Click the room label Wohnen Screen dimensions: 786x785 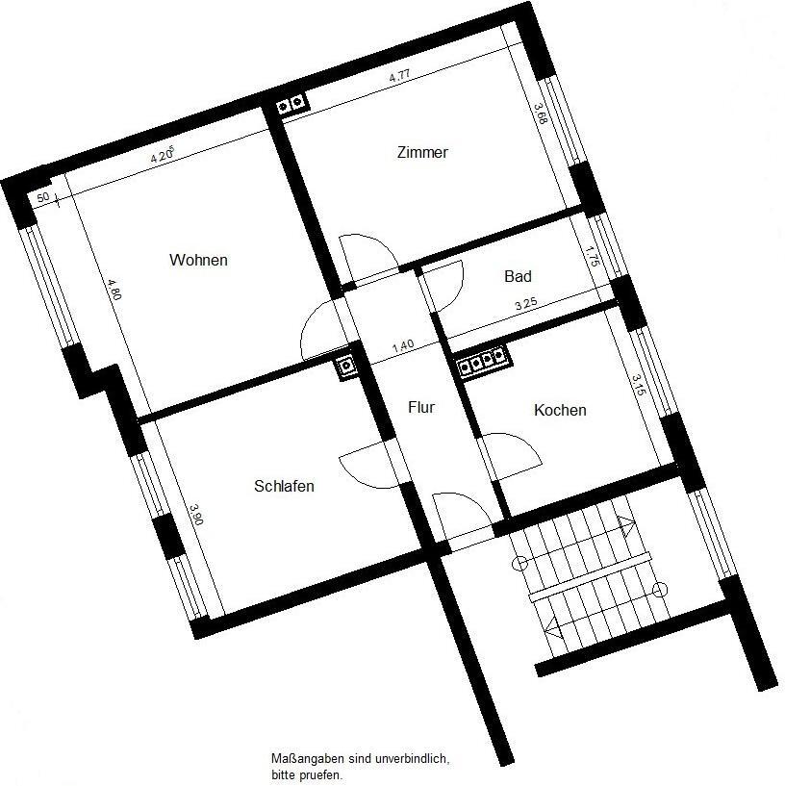[x=198, y=260]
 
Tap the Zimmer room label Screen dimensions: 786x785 [x=422, y=152]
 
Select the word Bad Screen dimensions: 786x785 [x=518, y=276]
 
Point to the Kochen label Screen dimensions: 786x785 [x=560, y=410]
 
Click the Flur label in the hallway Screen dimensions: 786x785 [x=421, y=407]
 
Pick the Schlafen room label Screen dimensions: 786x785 [x=284, y=486]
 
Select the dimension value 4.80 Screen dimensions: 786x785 [x=114, y=290]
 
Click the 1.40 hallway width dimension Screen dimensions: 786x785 [x=402, y=345]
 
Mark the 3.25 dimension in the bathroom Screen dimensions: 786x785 [x=525, y=304]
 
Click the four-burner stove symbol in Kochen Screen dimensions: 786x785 [x=482, y=361]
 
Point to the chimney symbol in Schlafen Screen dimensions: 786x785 [x=346, y=366]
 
